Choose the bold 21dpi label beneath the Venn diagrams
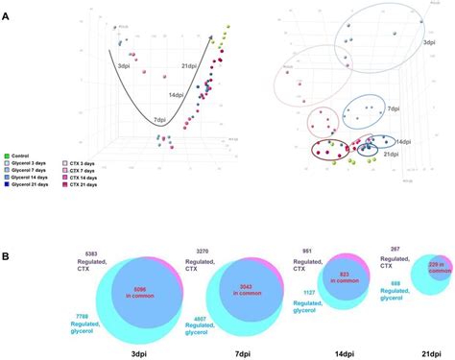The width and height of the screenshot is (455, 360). [420, 351]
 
